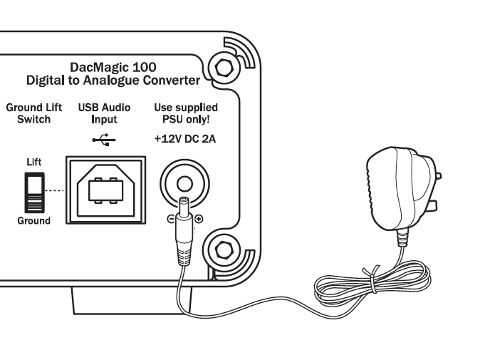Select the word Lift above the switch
pyautogui.click(x=33, y=163)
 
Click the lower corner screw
pyautogui.click(x=222, y=250)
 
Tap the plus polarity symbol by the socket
pyautogui.click(x=198, y=218)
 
